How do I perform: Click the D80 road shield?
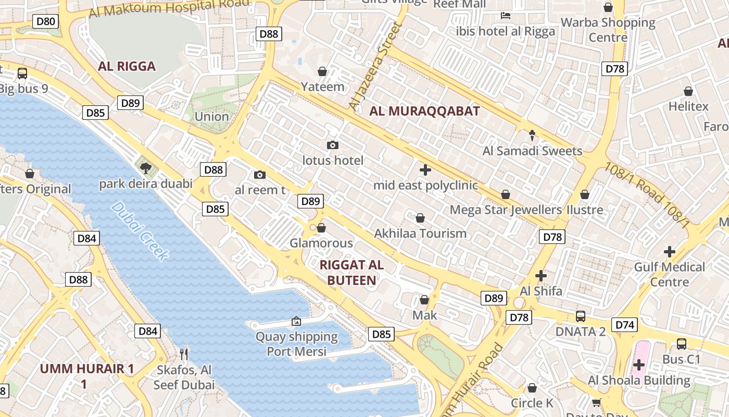45,21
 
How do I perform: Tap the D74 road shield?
625,325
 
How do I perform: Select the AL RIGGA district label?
127,66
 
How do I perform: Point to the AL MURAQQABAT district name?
424,111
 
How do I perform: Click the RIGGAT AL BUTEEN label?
351,273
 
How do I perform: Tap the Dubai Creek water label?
140,231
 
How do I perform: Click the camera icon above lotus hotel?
332,145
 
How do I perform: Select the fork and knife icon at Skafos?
183,354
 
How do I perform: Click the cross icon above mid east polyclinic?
425,169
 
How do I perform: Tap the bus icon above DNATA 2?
580,316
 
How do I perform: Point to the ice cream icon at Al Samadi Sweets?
532,136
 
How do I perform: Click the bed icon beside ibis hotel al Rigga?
505,15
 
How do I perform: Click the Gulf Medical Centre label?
669,274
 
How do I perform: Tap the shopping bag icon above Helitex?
688,91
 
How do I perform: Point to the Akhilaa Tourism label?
420,233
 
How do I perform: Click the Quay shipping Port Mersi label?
297,344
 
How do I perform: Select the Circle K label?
532,403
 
